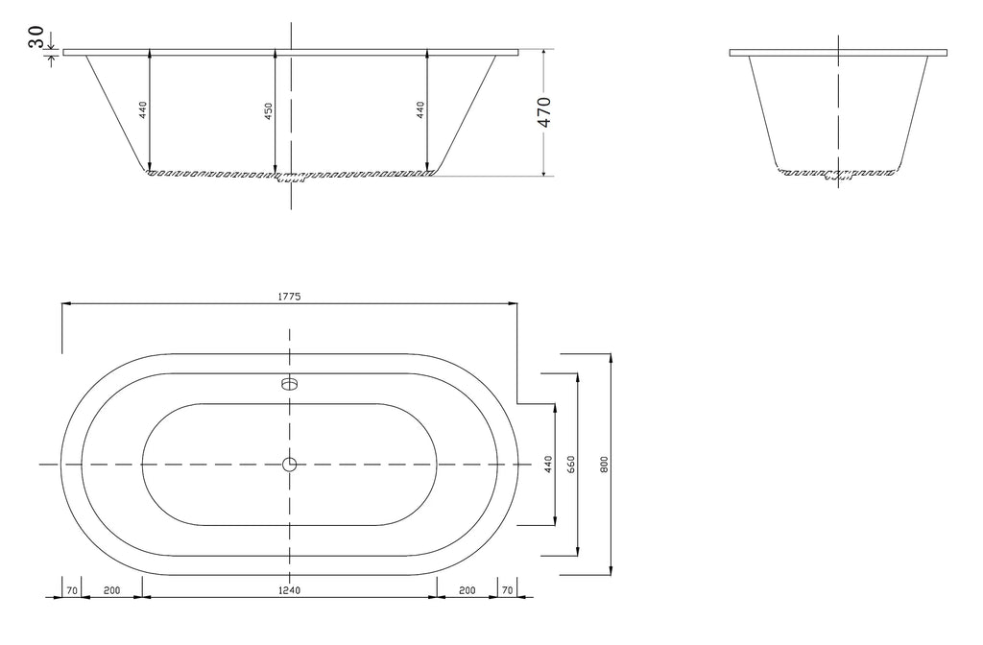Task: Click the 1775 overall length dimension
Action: pos(290,297)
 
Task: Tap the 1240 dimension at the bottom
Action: pos(290,590)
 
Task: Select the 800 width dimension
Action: pos(605,464)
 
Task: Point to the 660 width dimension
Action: pos(570,464)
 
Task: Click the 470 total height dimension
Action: pos(544,112)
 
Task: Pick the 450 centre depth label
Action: pos(269,111)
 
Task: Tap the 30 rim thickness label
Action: pos(36,36)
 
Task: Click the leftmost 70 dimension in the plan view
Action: pos(72,590)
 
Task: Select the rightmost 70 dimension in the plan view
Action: pos(508,590)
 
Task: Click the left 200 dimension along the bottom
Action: pos(111,590)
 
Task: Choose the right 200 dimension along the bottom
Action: pos(468,590)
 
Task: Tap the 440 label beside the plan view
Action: pos(548,464)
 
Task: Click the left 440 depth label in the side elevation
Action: pos(143,110)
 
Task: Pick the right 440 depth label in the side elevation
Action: pos(420,110)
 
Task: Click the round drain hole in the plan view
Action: pos(289,465)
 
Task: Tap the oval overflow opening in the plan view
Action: pos(289,383)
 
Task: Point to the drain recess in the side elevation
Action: pos(291,178)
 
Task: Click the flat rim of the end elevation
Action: pos(838,53)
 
